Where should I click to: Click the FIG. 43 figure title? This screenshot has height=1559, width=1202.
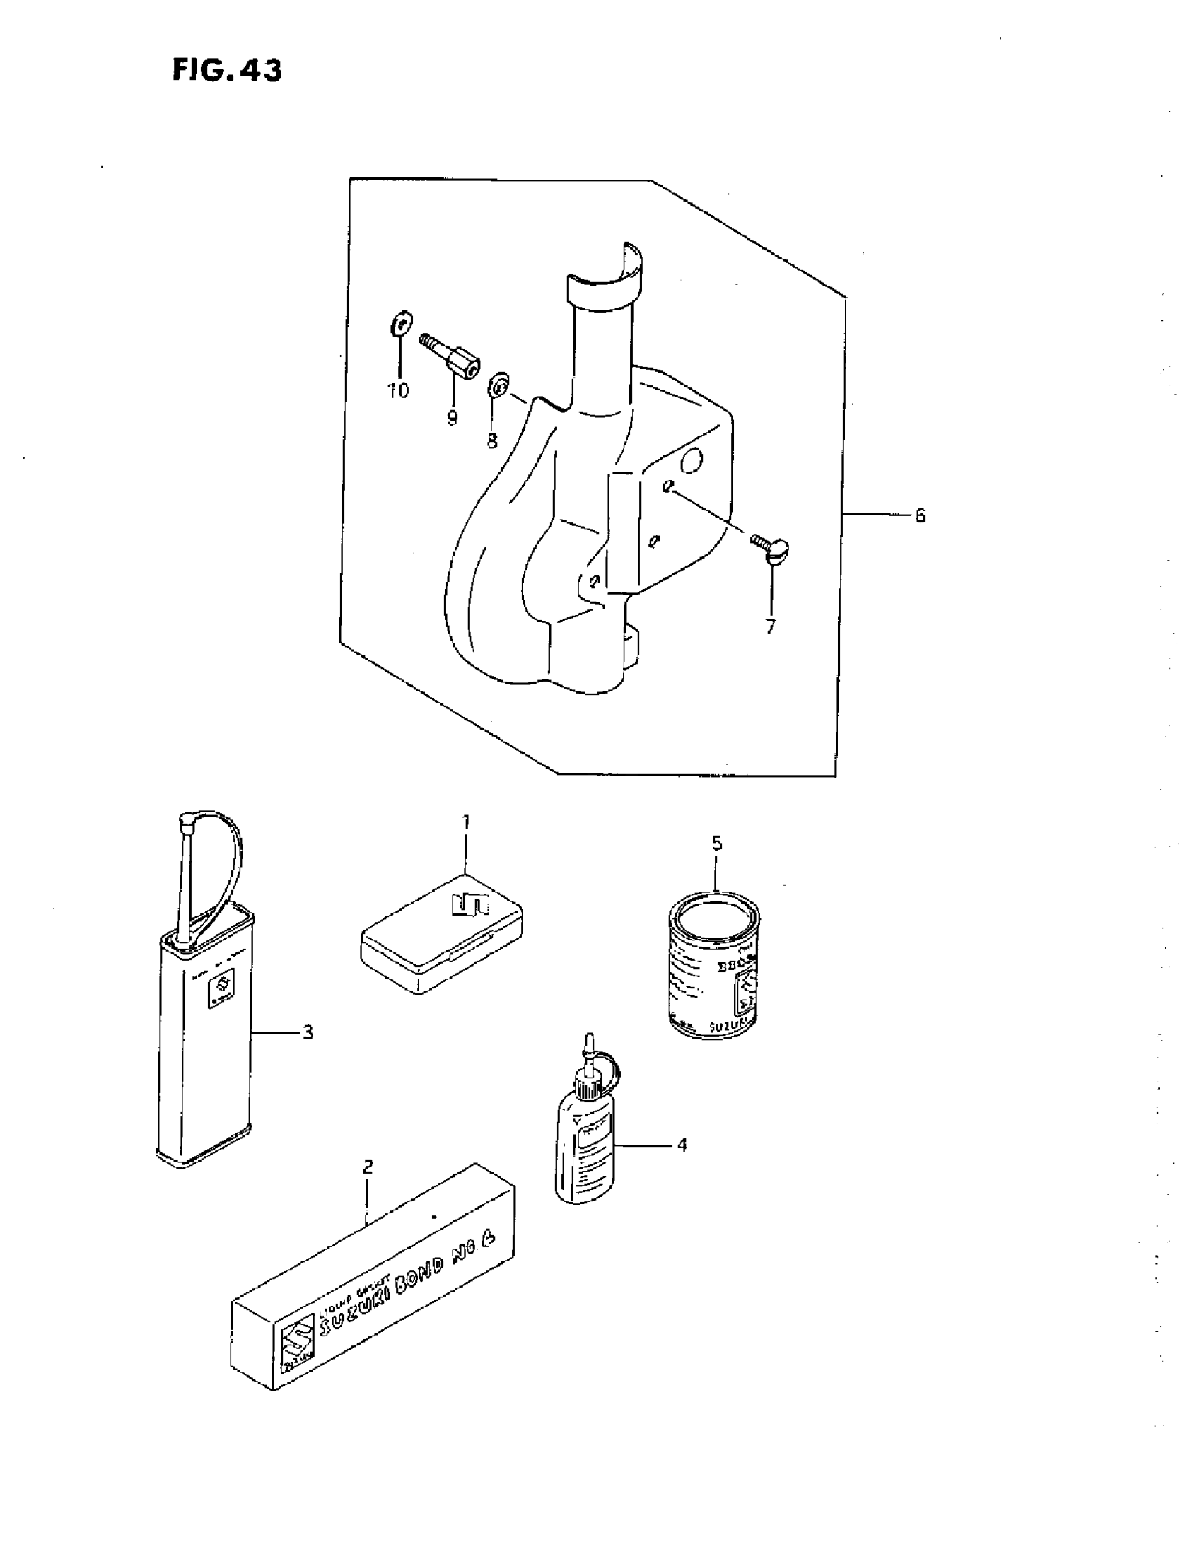[227, 70]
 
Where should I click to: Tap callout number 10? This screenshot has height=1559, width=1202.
[398, 390]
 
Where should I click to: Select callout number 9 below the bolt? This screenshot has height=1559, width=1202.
[452, 419]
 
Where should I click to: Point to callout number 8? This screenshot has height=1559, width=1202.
[492, 442]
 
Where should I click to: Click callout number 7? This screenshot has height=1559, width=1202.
[770, 627]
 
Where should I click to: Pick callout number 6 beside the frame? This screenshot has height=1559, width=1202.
[920, 515]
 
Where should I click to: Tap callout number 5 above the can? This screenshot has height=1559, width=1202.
[717, 843]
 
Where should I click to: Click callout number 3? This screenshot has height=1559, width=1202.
[308, 1032]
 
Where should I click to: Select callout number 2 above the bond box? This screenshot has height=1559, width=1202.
[368, 1167]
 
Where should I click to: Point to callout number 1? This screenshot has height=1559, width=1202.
[465, 822]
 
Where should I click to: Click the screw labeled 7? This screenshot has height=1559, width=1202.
[771, 549]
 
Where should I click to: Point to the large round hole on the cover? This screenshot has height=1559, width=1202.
[691, 462]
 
